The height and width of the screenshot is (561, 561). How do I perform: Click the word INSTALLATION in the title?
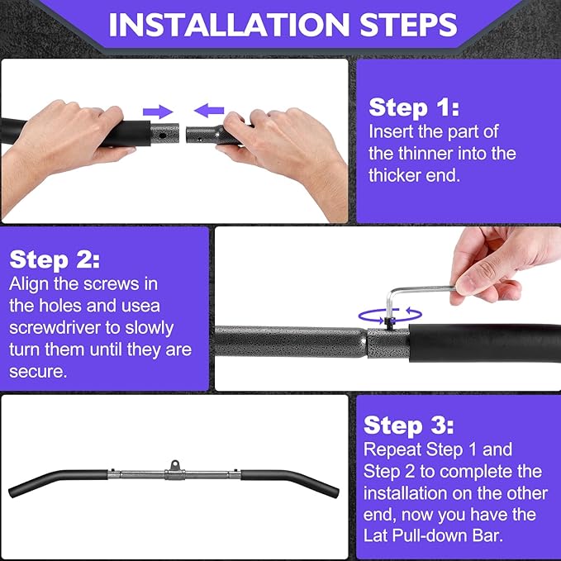tap(229, 24)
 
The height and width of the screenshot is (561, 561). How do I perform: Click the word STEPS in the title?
tap(409, 24)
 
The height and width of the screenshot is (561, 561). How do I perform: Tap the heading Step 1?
tap(414, 107)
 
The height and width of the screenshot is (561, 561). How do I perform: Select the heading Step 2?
tap(55, 259)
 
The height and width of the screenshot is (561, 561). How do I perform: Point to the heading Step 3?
tap(409, 426)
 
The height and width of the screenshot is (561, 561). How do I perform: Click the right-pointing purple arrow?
tap(158, 112)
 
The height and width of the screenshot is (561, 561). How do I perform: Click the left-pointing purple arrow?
tap(209, 111)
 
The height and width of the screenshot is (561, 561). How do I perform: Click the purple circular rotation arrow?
tap(390, 316)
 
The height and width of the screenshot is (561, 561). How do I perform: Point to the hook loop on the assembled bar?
tap(174, 465)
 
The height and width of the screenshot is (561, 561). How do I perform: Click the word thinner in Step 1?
tap(425, 154)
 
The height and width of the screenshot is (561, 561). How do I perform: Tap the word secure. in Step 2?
tap(38, 372)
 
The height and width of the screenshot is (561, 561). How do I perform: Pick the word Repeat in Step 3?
tap(392, 449)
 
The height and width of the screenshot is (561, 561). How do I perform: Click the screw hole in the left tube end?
tap(163, 135)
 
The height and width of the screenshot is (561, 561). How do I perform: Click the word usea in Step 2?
tap(140, 307)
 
